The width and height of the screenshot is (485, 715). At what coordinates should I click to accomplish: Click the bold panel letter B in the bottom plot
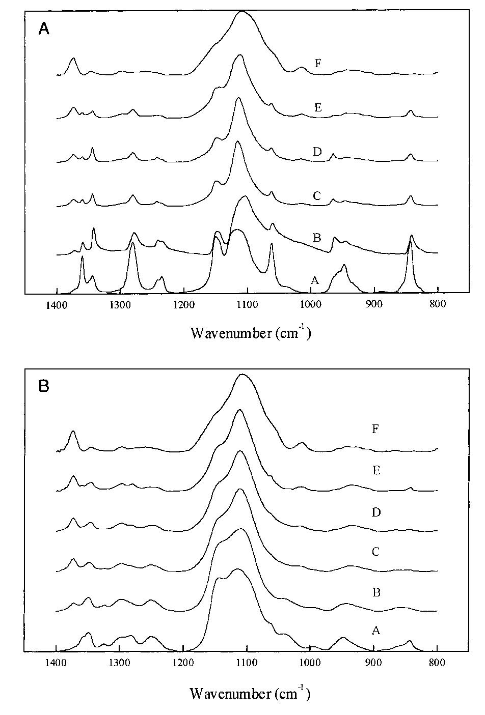(44, 386)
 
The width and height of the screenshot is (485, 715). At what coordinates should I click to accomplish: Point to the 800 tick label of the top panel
(437, 305)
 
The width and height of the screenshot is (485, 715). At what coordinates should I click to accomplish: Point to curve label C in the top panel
(317, 195)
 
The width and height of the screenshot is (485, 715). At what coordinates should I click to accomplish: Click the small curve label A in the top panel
(315, 279)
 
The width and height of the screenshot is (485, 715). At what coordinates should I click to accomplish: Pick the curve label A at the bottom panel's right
(376, 631)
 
